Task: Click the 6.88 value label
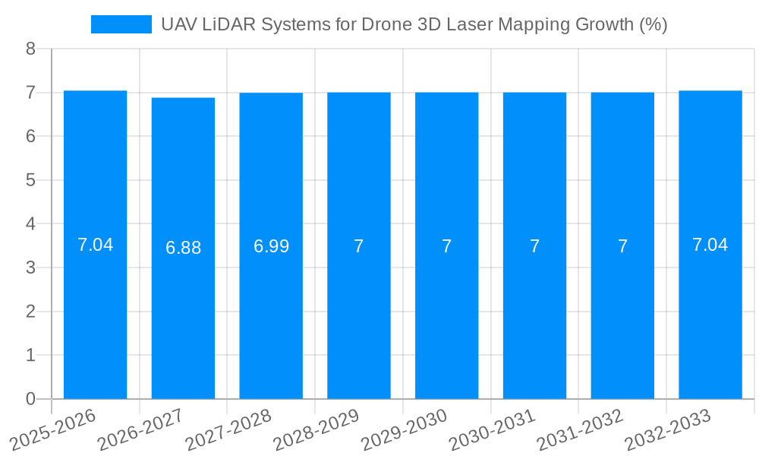[x=183, y=248]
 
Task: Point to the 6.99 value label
[x=271, y=246]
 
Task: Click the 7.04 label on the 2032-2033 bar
[x=710, y=245]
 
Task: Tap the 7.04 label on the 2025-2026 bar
[x=95, y=245]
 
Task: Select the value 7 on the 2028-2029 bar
[x=358, y=246]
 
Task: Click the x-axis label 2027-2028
[x=229, y=429]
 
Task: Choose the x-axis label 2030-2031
[x=493, y=429]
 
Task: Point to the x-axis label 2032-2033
[x=668, y=429]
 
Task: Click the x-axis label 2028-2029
[x=317, y=429]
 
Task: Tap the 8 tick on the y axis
[x=30, y=49]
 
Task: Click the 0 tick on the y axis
[x=30, y=399]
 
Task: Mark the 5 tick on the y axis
[x=30, y=180]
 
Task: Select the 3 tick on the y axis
[x=30, y=268]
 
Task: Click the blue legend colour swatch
[x=121, y=24]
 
